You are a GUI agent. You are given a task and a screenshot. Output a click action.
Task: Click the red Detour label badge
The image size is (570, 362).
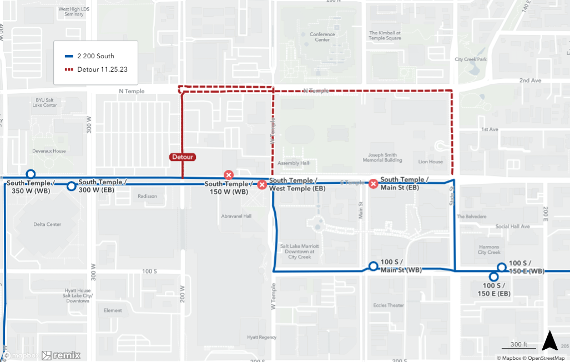point(183,157)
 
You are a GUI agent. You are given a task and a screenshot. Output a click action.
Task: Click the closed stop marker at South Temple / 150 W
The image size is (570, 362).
point(228,175)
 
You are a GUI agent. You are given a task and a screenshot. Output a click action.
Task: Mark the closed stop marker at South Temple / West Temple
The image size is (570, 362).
point(262,184)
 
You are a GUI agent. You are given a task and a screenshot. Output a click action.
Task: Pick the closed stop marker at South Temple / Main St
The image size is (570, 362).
point(374,184)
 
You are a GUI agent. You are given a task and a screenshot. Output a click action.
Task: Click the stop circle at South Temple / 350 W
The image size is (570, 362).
point(31,174)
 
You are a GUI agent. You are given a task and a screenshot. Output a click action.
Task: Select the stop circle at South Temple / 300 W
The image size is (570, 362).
point(71,186)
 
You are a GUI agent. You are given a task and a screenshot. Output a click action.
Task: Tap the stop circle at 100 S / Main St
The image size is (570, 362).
point(374,266)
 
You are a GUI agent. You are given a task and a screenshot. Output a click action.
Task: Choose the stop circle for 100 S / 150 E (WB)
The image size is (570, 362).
point(501,268)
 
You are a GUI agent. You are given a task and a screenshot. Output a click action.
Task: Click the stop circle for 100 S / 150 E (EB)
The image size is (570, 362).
point(493,277)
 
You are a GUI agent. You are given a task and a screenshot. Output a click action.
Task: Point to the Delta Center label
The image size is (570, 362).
point(47,224)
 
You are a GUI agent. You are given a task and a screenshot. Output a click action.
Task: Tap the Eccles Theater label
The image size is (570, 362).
point(389,305)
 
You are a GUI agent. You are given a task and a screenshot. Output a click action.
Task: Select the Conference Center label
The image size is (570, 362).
point(322,37)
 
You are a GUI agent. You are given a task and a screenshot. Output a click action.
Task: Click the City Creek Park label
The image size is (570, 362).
point(470,59)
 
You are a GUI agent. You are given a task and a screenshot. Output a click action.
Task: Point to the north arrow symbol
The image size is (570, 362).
point(549,340)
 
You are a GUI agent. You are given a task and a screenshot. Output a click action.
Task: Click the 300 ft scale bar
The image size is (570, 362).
point(519,345)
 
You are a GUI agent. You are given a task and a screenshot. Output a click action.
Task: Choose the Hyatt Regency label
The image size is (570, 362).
point(261,337)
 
